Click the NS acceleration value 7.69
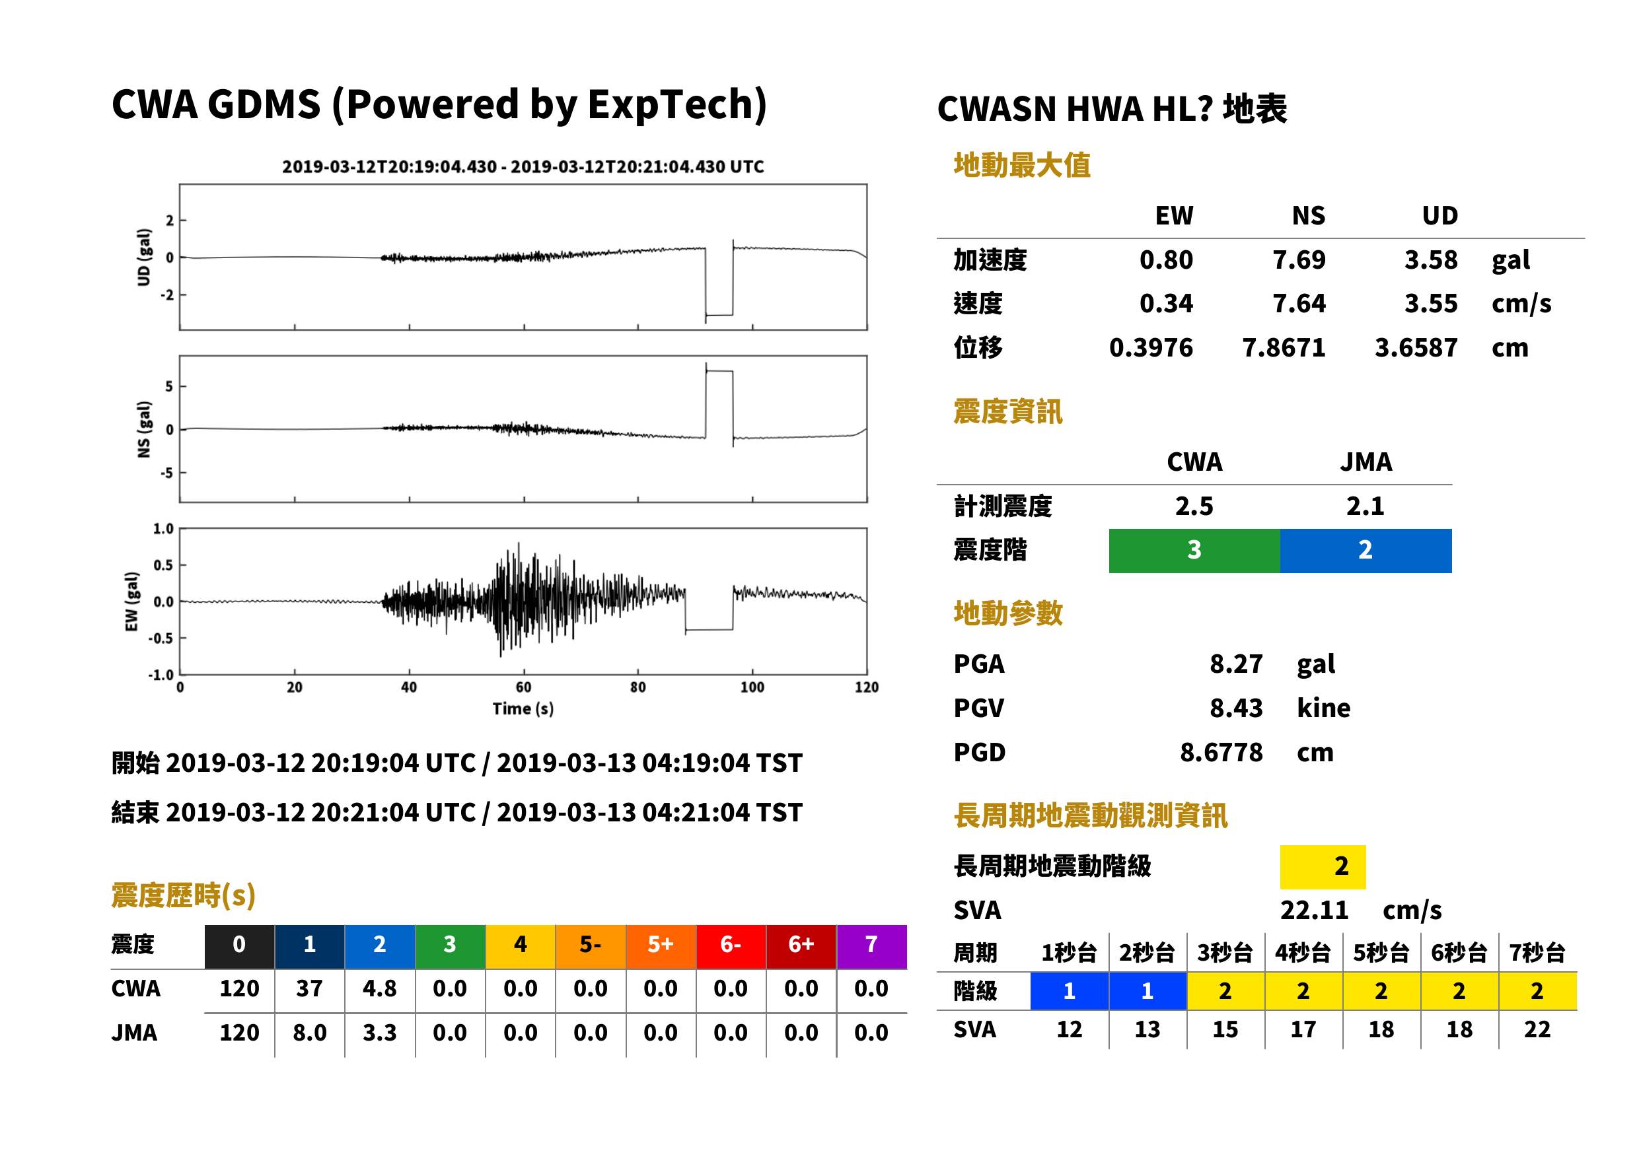(1298, 259)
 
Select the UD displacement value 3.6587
(1416, 347)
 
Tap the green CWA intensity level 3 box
(1194, 551)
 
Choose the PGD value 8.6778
(1221, 752)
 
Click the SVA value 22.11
(1314, 910)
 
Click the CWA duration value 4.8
(380, 988)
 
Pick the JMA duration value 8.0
(310, 1033)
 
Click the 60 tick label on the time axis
(523, 687)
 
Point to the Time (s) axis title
(523, 709)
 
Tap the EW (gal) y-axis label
(131, 602)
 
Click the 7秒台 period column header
(1537, 952)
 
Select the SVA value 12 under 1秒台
(1070, 1029)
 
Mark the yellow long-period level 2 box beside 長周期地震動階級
(1323, 867)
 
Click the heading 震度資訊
(1007, 412)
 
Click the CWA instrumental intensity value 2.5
(1194, 506)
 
